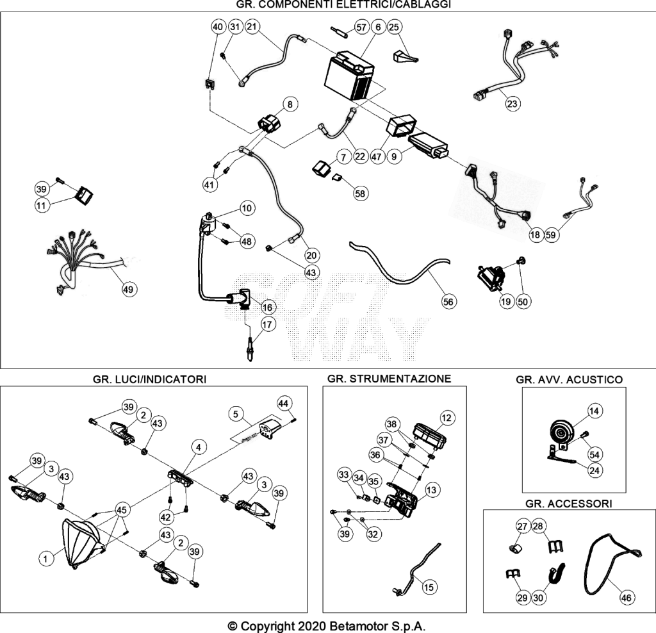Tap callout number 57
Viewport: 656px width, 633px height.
pos(361,28)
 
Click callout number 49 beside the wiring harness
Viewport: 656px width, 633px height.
pos(128,289)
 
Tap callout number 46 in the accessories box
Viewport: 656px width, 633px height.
pos(626,598)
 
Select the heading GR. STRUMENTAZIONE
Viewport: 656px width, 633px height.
pos(389,379)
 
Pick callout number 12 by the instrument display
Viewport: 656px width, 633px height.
pos(447,418)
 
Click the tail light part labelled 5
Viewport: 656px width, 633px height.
pos(268,427)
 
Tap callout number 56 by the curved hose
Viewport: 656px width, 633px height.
pos(448,302)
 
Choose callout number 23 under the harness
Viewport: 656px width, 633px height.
pos(512,103)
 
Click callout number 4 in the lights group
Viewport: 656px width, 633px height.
pos(199,447)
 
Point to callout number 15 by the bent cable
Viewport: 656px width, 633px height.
pos(429,587)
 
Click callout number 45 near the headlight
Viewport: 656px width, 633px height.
pos(121,510)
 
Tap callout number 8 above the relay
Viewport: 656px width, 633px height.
pos(290,104)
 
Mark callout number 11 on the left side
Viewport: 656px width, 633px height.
pos(41,205)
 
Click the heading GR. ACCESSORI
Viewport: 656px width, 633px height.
pos(569,504)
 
